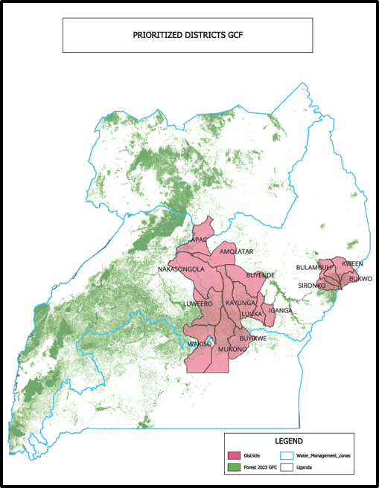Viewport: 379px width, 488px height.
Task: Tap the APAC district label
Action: coord(200,240)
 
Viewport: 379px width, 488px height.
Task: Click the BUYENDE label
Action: coord(261,274)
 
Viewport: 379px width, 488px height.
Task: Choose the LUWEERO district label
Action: coord(198,304)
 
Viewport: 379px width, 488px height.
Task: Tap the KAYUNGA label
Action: coord(241,304)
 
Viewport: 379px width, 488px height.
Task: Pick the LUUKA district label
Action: coord(252,314)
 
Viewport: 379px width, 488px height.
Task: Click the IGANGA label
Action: coord(280,309)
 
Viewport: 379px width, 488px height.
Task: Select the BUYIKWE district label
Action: coord(253,338)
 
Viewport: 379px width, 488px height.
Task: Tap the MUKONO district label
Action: coord(232,348)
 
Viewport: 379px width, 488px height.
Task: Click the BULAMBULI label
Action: coord(313,266)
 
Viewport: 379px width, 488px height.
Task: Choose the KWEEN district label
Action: coord(352,263)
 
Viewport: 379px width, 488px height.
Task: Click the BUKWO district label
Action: coord(360,279)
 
